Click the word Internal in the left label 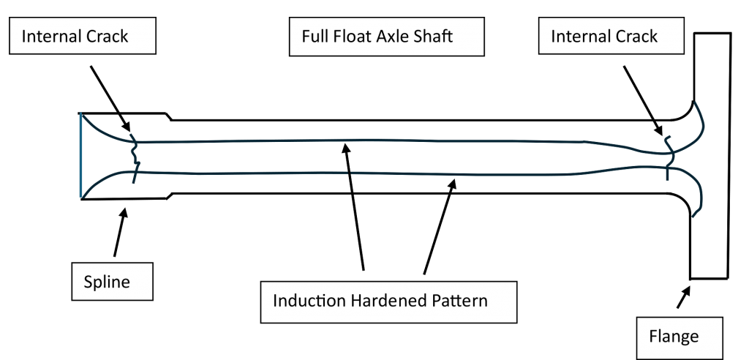[x=50, y=37]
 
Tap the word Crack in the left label [x=107, y=37]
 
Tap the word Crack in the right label [x=636, y=37]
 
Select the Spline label [x=107, y=282]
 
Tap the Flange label [x=674, y=337]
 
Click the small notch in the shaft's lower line [x=350, y=173]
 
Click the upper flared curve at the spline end [x=102, y=132]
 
